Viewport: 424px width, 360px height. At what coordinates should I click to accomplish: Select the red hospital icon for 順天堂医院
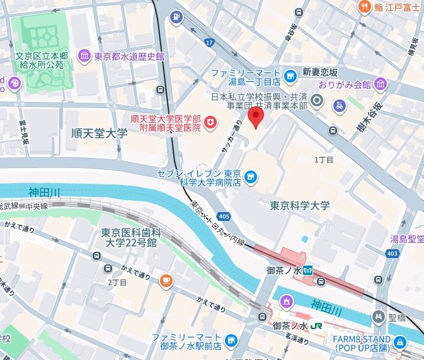click(x=211, y=123)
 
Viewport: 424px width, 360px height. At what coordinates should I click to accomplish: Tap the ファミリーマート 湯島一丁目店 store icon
click(x=289, y=77)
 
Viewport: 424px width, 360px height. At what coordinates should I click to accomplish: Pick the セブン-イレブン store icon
click(x=251, y=178)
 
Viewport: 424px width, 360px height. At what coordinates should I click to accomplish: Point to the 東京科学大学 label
click(x=299, y=205)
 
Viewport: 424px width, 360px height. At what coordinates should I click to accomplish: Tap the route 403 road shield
click(x=392, y=253)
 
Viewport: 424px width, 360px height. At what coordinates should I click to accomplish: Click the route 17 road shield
click(x=209, y=42)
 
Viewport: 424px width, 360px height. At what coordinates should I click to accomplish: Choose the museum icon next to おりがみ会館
click(x=381, y=84)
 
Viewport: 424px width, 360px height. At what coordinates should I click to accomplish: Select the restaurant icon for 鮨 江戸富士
click(x=364, y=7)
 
